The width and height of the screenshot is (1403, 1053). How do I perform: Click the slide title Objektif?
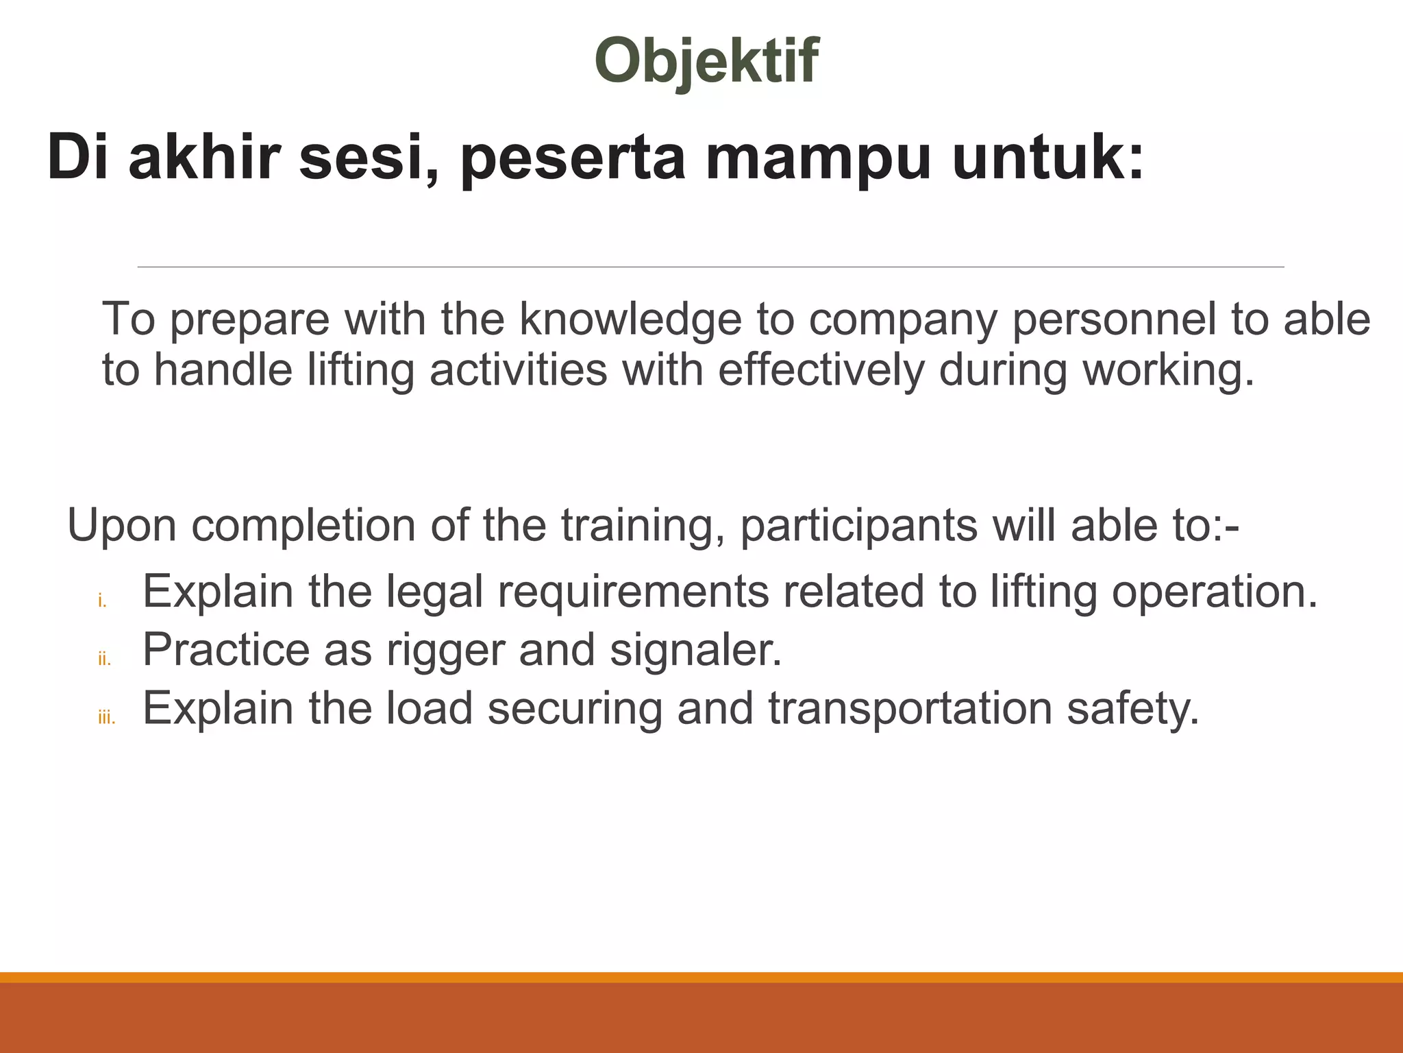coord(706,61)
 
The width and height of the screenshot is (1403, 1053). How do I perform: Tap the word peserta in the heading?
coord(573,159)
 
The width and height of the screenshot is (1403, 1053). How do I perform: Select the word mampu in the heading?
coord(818,159)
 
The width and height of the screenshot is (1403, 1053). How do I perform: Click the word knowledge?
coord(631,319)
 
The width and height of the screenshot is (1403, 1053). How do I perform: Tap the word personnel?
coord(1114,320)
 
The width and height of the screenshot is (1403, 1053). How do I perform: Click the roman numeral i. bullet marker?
coord(102,602)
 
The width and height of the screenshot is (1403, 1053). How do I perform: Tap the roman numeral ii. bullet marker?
coord(104,660)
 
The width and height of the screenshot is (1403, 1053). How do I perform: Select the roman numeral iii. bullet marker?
coord(106,718)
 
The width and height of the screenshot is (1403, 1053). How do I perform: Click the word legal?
coord(434,592)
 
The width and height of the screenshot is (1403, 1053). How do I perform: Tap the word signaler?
coord(695,650)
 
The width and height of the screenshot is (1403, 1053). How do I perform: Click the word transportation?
coord(910,708)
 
